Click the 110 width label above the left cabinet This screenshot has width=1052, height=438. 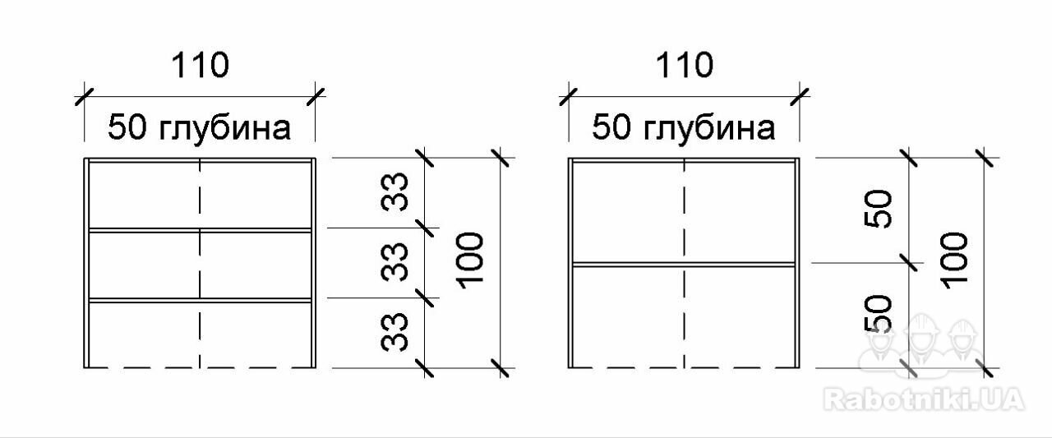(200, 65)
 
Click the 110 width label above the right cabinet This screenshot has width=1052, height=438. (685, 65)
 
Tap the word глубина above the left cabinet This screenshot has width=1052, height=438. (225, 129)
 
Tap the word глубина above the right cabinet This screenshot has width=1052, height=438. (709, 129)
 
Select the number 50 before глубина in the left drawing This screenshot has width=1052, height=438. (127, 127)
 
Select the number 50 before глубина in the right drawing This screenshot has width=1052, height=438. (611, 127)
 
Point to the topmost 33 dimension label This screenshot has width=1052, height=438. (394, 192)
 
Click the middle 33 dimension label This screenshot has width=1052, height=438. (394, 262)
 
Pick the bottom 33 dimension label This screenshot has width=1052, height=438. (394, 332)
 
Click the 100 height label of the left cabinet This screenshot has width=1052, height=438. (469, 260)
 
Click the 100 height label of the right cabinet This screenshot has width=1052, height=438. (954, 260)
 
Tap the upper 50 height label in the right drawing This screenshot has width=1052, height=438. (879, 209)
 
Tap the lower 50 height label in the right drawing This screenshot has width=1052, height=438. (879, 314)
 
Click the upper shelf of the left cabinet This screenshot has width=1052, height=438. (200, 230)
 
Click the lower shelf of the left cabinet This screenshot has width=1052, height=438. (200, 300)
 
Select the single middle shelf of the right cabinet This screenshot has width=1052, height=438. (685, 265)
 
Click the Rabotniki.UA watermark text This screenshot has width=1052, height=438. (924, 400)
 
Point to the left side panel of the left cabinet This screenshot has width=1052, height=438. (86, 263)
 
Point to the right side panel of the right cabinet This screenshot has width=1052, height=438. (797, 263)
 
